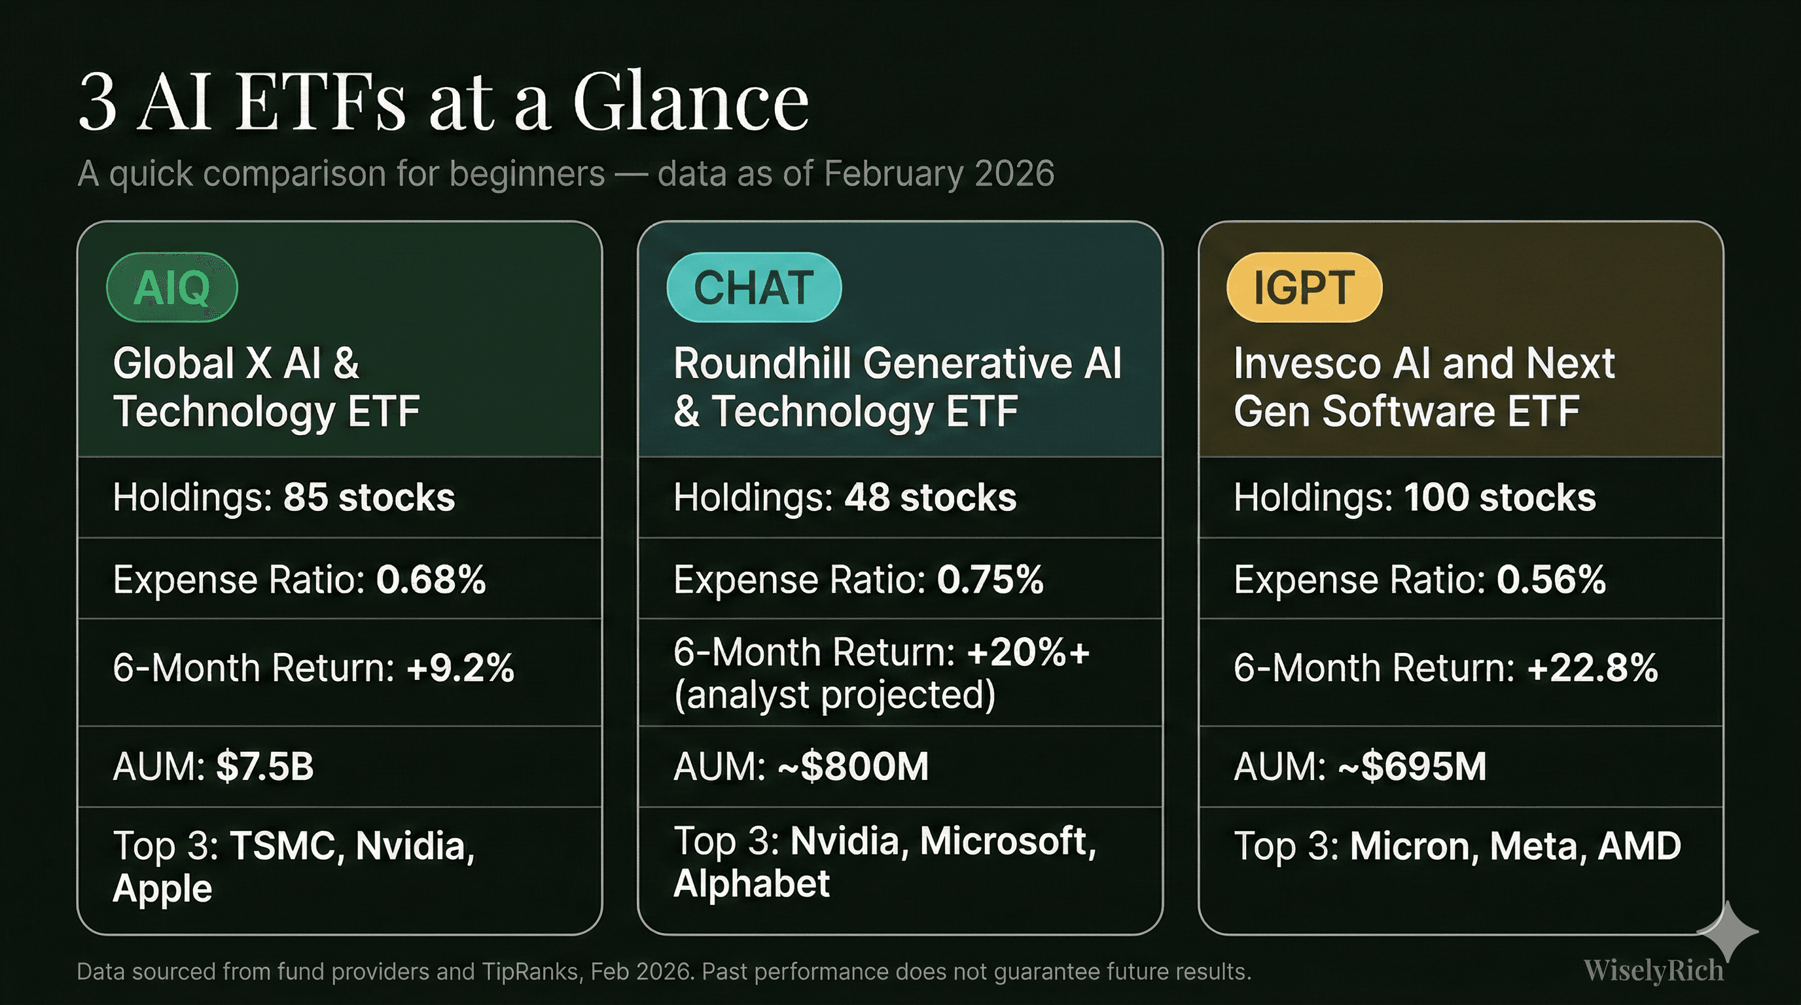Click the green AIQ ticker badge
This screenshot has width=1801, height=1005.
[x=172, y=287]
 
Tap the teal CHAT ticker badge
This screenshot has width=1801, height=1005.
[x=754, y=287]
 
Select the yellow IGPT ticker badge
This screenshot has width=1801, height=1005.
[x=1304, y=287]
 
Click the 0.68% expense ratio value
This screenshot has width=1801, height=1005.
[x=431, y=579]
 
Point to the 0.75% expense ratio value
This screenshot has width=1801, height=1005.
[x=990, y=579]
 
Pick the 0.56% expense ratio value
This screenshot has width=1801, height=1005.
[x=1552, y=579]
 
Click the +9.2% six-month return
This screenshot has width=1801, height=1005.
[x=461, y=667]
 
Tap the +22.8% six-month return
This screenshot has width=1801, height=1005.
[x=1593, y=667]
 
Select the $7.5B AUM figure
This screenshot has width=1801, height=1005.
[x=265, y=766]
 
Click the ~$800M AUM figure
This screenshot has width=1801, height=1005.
[x=853, y=766]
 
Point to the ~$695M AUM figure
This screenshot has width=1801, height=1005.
[x=1412, y=766]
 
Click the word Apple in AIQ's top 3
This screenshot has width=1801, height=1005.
[x=162, y=889]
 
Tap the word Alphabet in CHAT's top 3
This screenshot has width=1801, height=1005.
[x=751, y=883]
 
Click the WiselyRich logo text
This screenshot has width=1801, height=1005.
[x=1654, y=971]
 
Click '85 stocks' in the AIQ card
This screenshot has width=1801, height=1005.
[x=369, y=498]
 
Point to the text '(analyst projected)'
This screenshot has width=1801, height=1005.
[x=835, y=696]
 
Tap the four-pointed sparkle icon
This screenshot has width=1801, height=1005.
[x=1728, y=932]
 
